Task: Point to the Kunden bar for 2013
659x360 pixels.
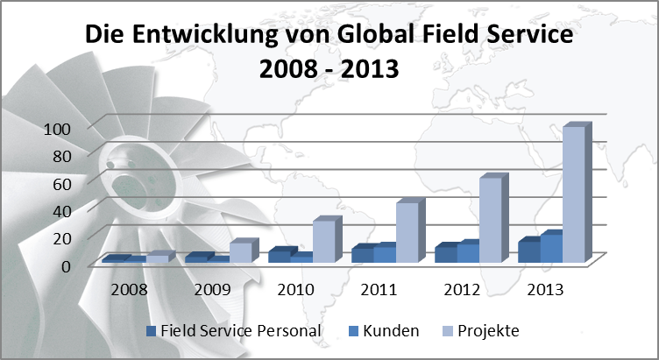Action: pyautogui.click(x=551, y=247)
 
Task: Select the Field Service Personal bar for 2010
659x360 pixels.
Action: pyautogui.click(x=280, y=255)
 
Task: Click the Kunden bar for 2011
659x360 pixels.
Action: pyautogui.click(x=385, y=252)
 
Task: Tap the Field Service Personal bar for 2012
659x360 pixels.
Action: pyautogui.click(x=446, y=252)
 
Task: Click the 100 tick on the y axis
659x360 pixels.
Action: pyautogui.click(x=57, y=129)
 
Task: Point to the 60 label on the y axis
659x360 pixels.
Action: pyautogui.click(x=61, y=184)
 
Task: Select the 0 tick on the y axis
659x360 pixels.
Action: pyautogui.click(x=67, y=266)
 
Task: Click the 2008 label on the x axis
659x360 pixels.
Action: pyautogui.click(x=129, y=290)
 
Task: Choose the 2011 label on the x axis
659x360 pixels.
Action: pyautogui.click(x=379, y=290)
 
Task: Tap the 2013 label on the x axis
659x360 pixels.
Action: pyautogui.click(x=545, y=290)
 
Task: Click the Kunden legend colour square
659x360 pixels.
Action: pyautogui.click(x=353, y=331)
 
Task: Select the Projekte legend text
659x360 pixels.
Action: pyautogui.click(x=488, y=331)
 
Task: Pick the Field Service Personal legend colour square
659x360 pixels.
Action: pyautogui.click(x=151, y=331)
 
